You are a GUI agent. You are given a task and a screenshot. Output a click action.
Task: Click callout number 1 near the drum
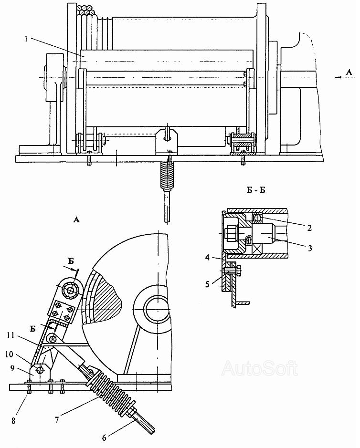(x=26, y=39)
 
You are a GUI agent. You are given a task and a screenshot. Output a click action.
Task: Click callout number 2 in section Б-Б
(x=309, y=228)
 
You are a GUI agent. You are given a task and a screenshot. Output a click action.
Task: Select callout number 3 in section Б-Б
(x=310, y=248)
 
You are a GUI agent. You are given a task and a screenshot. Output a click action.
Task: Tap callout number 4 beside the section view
(x=207, y=258)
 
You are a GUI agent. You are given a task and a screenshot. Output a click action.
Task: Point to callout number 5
(x=207, y=284)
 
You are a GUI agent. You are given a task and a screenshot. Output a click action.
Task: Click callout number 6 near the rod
(x=104, y=438)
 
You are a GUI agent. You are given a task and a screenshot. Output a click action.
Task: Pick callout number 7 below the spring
(x=57, y=419)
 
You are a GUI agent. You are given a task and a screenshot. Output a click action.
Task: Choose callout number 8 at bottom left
(x=13, y=420)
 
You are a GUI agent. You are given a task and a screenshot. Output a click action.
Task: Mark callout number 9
(x=12, y=368)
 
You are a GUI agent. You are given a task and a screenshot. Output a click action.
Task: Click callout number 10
(x=9, y=354)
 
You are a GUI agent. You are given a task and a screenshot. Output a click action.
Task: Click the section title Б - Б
(x=256, y=190)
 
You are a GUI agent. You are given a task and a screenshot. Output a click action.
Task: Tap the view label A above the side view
(x=76, y=219)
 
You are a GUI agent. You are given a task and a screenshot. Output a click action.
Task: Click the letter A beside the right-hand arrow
(x=349, y=72)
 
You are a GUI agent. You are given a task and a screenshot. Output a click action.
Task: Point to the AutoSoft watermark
(x=259, y=368)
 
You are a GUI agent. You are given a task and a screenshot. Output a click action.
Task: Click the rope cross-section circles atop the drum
(x=85, y=10)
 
